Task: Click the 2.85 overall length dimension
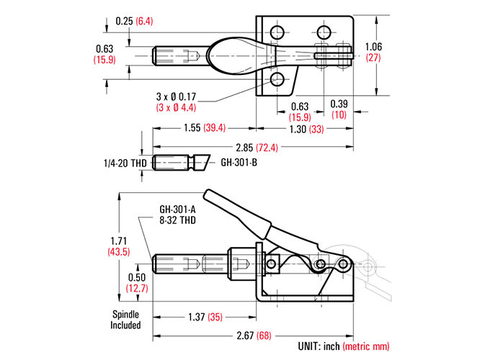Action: [244, 148]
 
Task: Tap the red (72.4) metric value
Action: [267, 148]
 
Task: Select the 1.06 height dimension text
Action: [373, 47]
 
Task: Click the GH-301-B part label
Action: [239, 162]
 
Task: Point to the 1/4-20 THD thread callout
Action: [125, 163]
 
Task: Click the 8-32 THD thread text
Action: [177, 220]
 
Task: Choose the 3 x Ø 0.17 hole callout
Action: [176, 96]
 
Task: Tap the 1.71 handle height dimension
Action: [118, 240]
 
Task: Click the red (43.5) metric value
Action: [119, 252]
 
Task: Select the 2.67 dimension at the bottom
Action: [245, 336]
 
